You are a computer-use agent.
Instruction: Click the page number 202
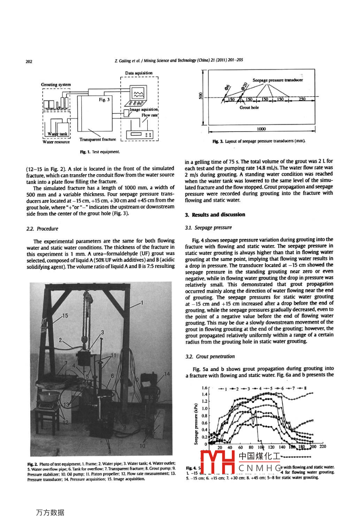(x=29, y=61)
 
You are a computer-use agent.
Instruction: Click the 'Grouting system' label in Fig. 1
(x=56, y=84)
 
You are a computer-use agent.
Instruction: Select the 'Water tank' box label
(x=58, y=134)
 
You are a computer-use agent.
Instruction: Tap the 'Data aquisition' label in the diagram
(x=139, y=73)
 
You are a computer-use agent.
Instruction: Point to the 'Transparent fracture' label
(x=98, y=139)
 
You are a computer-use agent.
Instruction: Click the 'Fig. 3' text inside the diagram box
(x=104, y=100)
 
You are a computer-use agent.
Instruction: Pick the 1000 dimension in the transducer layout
(x=261, y=129)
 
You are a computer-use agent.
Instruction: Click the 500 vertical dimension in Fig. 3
(x=202, y=96)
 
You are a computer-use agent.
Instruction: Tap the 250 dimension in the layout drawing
(x=301, y=99)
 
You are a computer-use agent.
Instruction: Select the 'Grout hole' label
(x=249, y=108)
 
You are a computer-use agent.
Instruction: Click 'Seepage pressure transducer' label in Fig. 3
(x=278, y=80)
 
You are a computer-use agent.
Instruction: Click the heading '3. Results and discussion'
(x=215, y=215)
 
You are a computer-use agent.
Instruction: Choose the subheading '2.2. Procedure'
(x=42, y=229)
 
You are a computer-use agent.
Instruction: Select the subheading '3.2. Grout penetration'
(x=210, y=357)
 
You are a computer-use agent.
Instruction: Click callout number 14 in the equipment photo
(x=166, y=374)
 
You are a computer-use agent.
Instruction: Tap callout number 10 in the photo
(x=142, y=446)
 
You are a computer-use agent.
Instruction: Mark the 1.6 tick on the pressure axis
(x=205, y=387)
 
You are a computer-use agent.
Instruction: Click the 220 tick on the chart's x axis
(x=323, y=447)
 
